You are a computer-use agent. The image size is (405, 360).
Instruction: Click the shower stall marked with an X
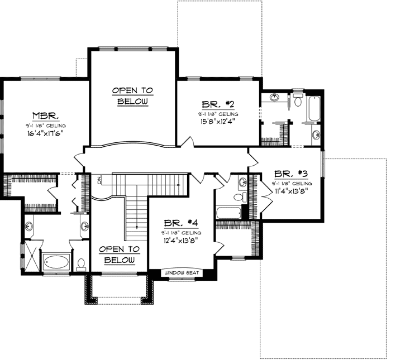tap(32, 258)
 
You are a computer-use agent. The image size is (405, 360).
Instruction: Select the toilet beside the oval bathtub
tap(81, 262)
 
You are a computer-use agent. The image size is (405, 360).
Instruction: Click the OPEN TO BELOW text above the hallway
tap(132, 96)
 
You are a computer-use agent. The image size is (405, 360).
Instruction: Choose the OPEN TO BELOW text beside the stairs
tap(118, 255)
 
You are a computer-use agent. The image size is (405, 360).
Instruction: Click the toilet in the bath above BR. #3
tap(297, 101)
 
